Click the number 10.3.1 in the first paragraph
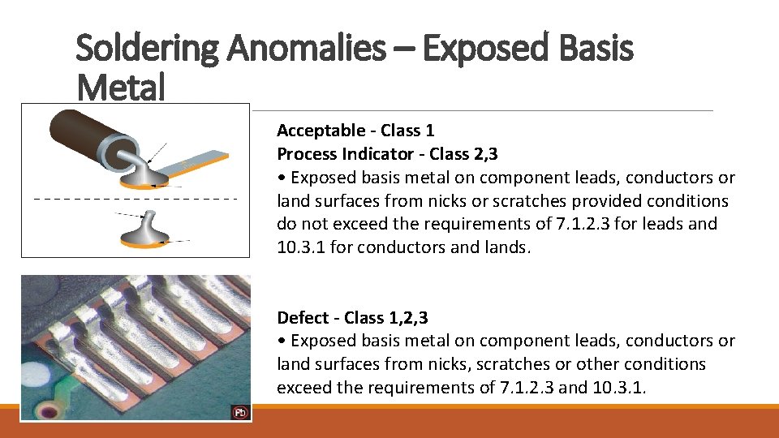click(301, 247)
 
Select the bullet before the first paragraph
click(281, 178)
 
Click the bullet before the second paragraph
click(281, 341)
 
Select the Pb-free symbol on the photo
click(240, 412)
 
